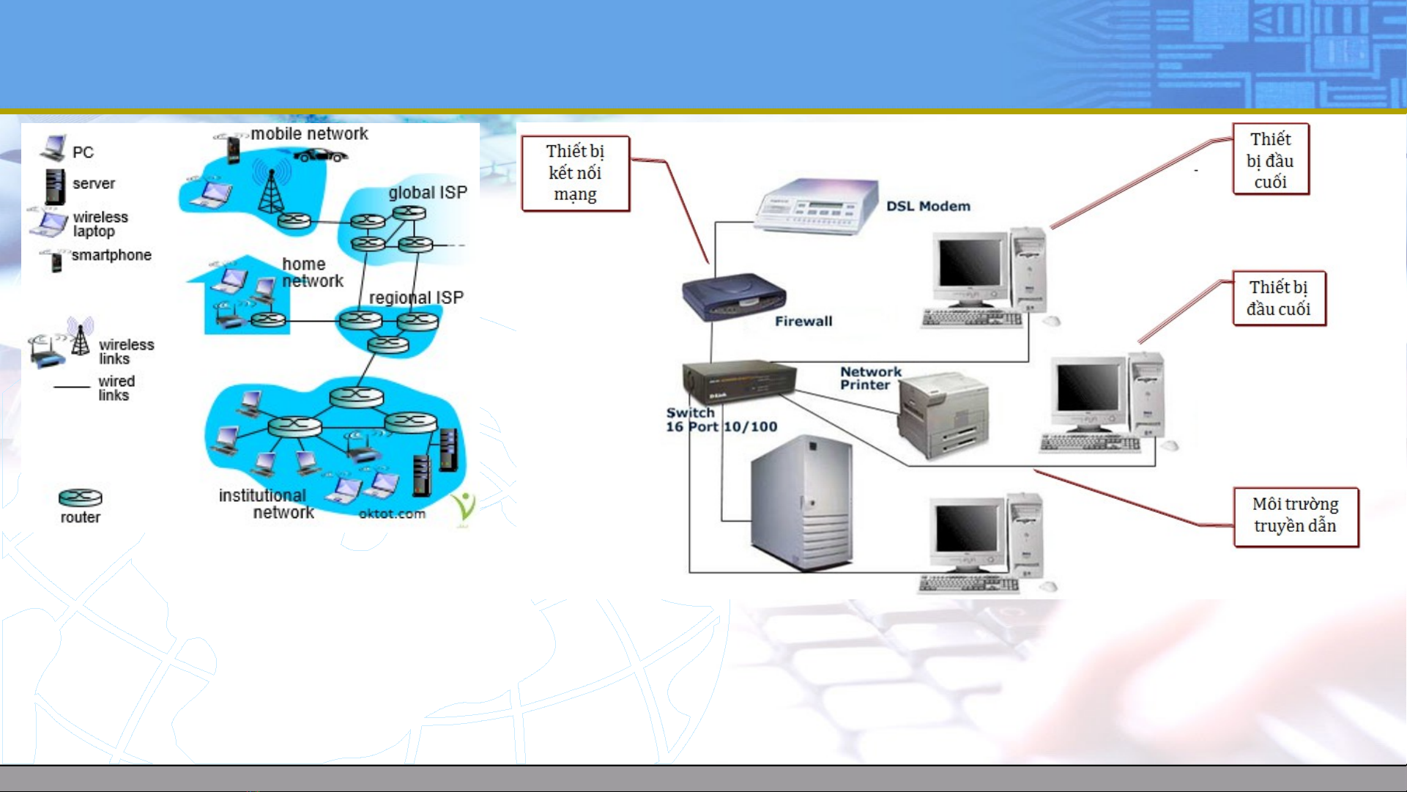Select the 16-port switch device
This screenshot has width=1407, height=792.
click(x=738, y=381)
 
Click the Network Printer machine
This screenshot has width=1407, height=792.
click(x=943, y=415)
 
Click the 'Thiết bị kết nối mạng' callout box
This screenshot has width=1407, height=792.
click(x=576, y=173)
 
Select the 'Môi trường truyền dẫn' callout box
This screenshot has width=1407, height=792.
click(x=1296, y=517)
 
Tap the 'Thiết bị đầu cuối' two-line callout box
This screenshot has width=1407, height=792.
click(x=1279, y=297)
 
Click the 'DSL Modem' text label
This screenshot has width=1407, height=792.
click(x=928, y=207)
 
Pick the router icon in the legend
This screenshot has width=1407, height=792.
click(x=81, y=497)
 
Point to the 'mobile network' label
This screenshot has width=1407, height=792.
click(x=309, y=134)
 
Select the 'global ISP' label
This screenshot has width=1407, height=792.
click(x=428, y=193)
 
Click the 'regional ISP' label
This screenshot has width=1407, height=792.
click(x=416, y=297)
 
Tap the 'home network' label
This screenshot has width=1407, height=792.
click(x=313, y=273)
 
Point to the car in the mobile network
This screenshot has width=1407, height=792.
click(x=320, y=155)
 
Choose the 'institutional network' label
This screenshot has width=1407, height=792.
click(x=267, y=504)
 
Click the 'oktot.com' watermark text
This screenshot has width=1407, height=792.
click(x=392, y=514)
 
